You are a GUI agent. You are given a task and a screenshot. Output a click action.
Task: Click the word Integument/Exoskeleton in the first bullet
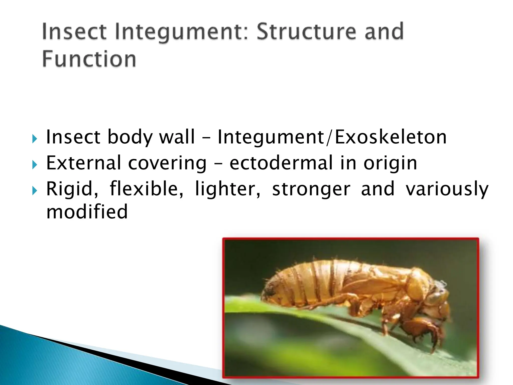(x=332, y=137)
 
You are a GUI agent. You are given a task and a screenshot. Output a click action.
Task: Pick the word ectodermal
(x=281, y=163)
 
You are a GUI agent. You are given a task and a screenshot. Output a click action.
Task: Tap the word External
(x=84, y=163)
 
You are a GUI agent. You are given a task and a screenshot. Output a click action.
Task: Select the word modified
(x=87, y=212)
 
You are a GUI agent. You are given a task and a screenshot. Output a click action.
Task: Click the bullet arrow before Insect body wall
(x=35, y=139)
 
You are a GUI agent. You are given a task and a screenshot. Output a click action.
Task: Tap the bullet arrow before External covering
(x=35, y=165)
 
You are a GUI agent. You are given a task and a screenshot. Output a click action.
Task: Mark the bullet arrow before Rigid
(x=35, y=191)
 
